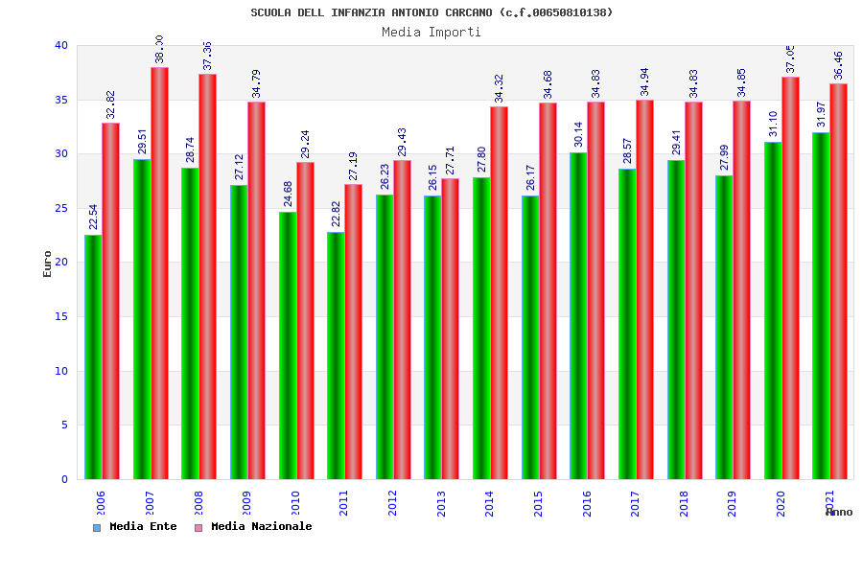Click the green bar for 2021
coord(821,306)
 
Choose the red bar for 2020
coord(790,278)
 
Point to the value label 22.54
coord(93,217)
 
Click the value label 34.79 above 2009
coord(256,83)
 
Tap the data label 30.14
coord(578,134)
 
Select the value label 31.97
coord(821,114)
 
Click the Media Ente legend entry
coord(135,527)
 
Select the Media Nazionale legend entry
coord(253,527)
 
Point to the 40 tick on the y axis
coord(61,45)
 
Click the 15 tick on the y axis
coord(61,316)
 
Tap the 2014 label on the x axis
coord(490,503)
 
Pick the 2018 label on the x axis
coord(684,503)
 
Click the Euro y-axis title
coord(48,264)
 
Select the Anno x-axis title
coord(839,512)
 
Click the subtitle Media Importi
coord(431,32)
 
